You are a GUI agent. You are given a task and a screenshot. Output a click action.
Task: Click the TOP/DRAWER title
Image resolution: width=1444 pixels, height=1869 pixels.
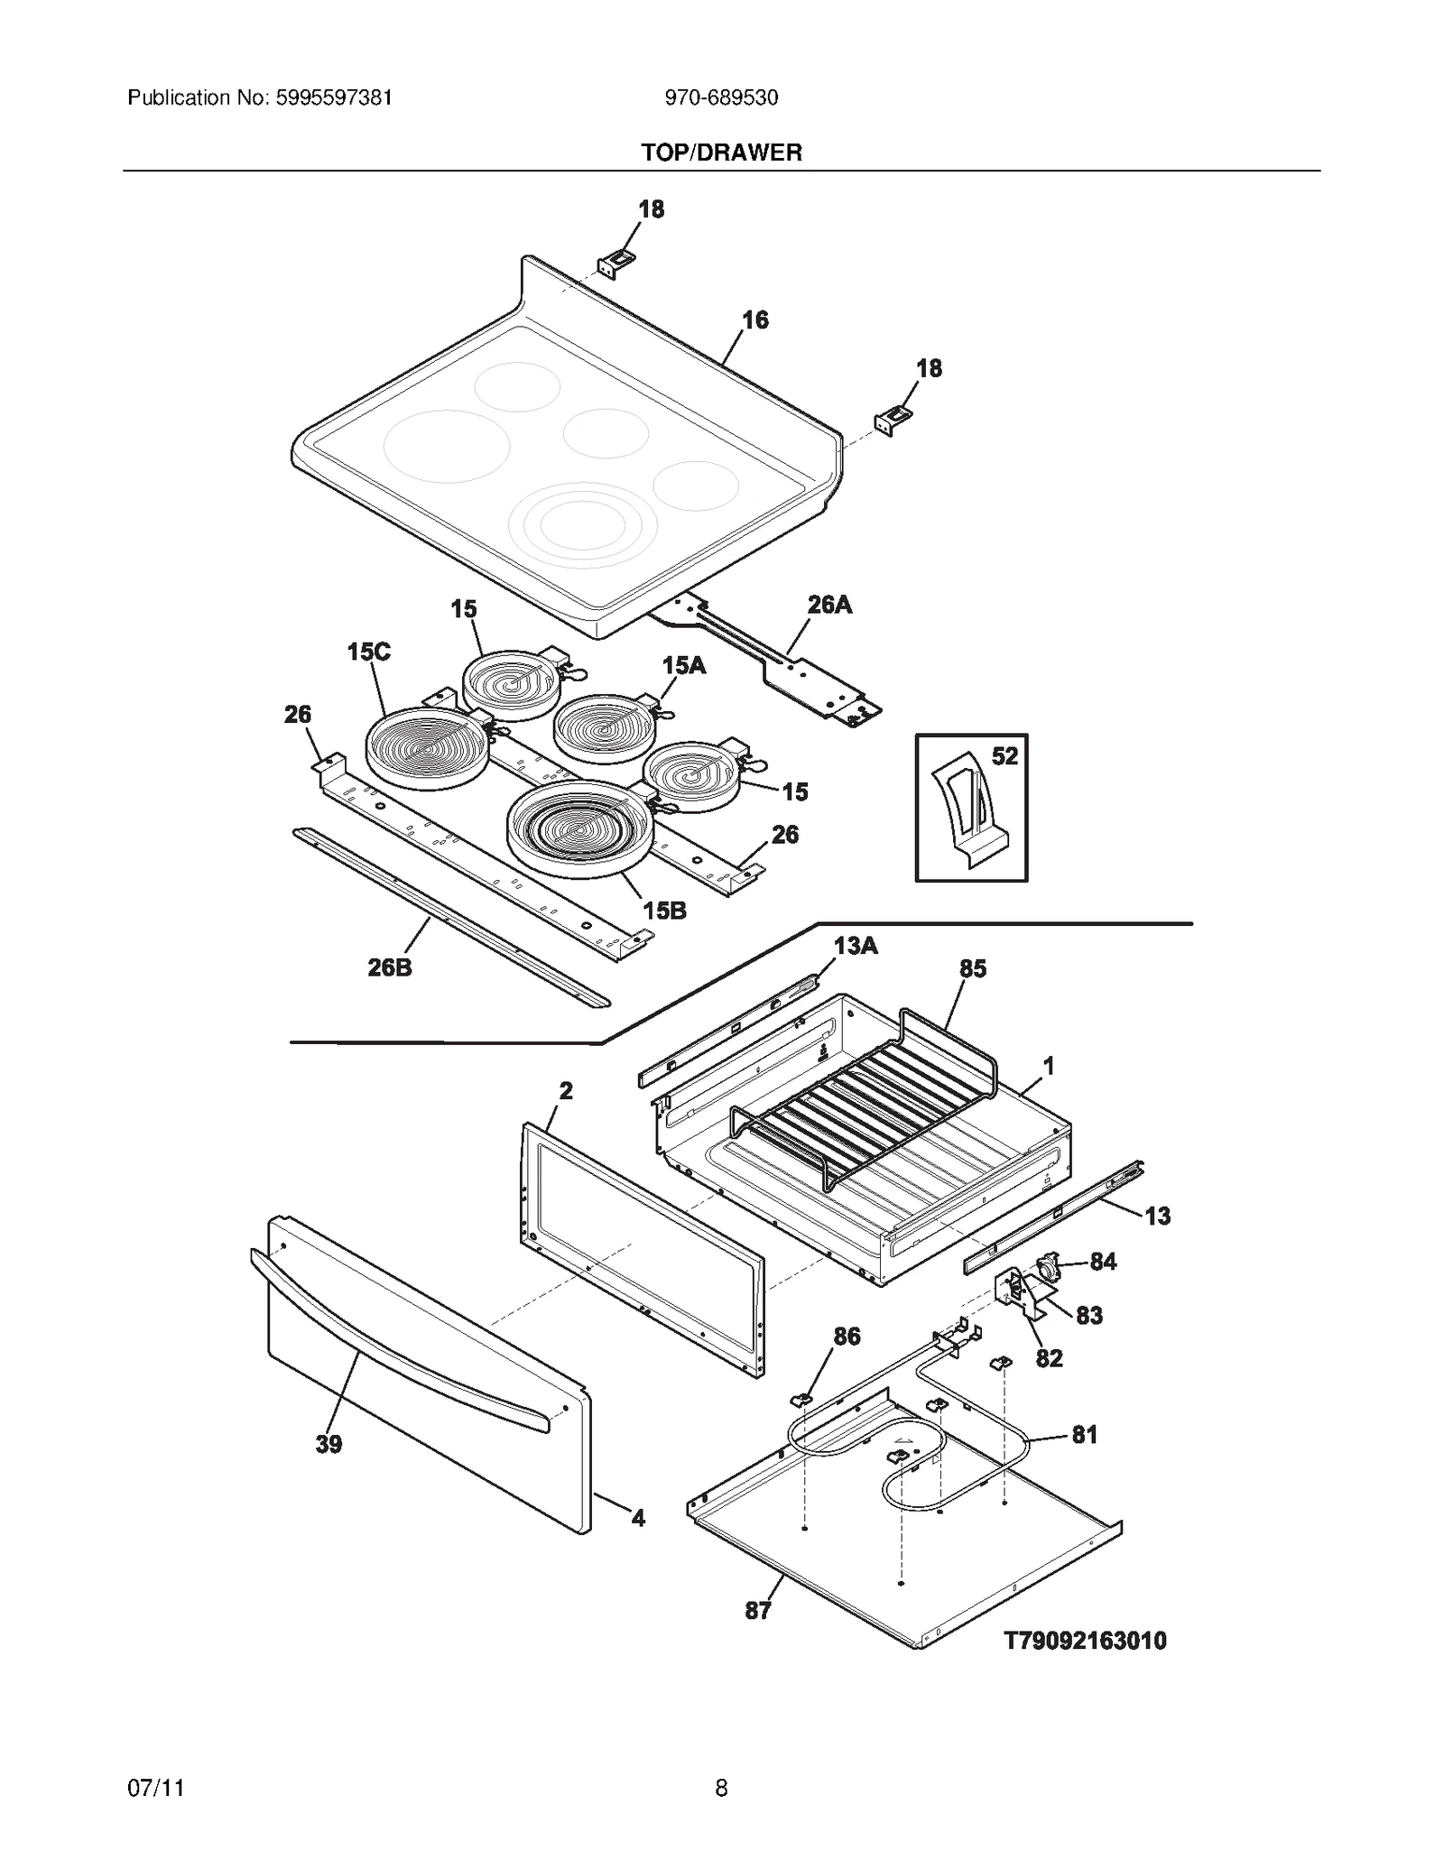click(721, 153)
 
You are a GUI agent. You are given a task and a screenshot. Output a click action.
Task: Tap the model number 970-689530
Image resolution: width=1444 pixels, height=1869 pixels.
click(721, 97)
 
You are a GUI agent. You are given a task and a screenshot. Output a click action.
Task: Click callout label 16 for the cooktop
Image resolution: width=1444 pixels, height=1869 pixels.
click(754, 319)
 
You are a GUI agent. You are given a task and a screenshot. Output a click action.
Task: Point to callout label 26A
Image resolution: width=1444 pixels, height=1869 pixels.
click(828, 605)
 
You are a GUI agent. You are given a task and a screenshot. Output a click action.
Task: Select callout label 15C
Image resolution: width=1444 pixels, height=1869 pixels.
click(368, 652)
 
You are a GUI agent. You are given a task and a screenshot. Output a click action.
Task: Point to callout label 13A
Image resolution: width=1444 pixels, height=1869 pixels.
click(855, 946)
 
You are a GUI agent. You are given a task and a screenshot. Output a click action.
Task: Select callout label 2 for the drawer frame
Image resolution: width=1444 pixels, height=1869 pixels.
click(565, 1090)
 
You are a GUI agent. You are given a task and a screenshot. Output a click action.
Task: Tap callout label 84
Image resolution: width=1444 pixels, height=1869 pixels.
click(1103, 1262)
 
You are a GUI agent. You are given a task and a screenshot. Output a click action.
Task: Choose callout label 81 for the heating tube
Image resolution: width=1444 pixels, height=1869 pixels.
click(1084, 1434)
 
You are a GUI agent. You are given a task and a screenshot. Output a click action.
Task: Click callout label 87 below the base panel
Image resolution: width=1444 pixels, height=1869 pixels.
click(757, 1610)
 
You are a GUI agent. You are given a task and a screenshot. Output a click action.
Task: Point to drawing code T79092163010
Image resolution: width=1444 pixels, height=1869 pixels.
click(1085, 1640)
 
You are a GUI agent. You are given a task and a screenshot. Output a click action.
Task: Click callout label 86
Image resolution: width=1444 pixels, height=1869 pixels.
click(847, 1336)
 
